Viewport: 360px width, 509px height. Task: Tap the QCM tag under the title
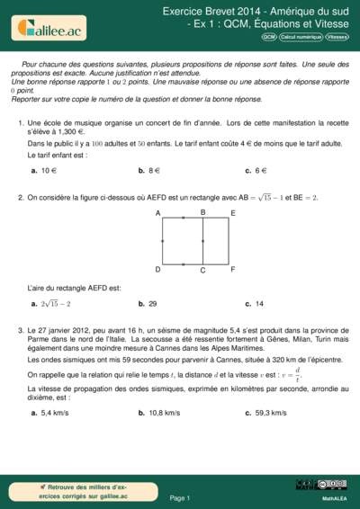point(269,38)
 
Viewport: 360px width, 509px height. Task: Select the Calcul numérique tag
point(301,38)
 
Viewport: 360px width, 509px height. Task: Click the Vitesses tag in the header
point(337,38)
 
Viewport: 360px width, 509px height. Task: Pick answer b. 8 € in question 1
point(148,169)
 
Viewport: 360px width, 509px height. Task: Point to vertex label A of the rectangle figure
point(157,213)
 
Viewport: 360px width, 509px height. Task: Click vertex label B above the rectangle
point(202,212)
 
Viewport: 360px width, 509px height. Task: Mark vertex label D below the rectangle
point(157,269)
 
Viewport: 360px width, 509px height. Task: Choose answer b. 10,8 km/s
point(159,413)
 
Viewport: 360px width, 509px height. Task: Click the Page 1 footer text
point(179,497)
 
